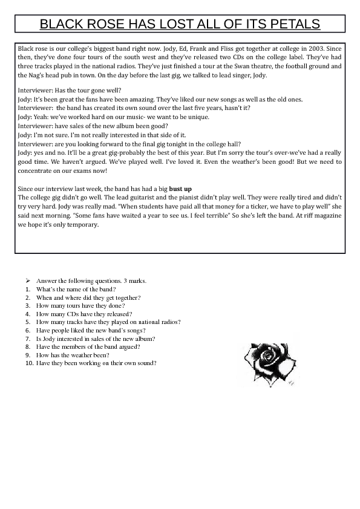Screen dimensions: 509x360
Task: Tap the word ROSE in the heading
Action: click(104, 24)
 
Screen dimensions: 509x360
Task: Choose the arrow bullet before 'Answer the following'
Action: click(28, 281)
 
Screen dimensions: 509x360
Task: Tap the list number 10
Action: click(28, 363)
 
